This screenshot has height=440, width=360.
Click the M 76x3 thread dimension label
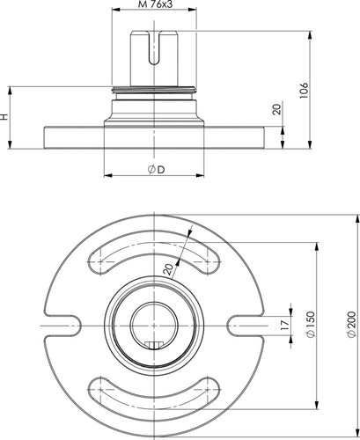pyautogui.click(x=155, y=4)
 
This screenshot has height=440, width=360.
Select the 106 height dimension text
pyautogui.click(x=305, y=91)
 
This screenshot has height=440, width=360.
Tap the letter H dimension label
pyautogui.click(x=4, y=117)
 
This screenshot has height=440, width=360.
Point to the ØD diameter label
pyautogui.click(x=156, y=170)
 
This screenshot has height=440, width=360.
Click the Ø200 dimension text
pyautogui.click(x=351, y=324)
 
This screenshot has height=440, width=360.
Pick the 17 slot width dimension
pyautogui.click(x=284, y=326)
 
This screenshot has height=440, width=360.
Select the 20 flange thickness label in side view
pyautogui.click(x=277, y=109)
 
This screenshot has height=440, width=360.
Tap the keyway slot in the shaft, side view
pyautogui.click(x=154, y=48)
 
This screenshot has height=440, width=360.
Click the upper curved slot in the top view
pyautogui.click(x=154, y=252)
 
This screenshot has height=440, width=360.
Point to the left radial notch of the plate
pyautogui.click(x=63, y=326)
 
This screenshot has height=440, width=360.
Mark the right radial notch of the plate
pyautogui.click(x=246, y=326)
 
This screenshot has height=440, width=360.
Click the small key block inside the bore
pyautogui.click(x=154, y=345)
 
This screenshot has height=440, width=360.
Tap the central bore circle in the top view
pyautogui.click(x=154, y=326)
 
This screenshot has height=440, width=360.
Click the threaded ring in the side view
pyautogui.click(x=154, y=90)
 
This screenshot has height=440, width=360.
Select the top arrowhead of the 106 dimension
pyautogui.click(x=310, y=34)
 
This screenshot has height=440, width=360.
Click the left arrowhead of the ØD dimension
pyautogui.click(x=108, y=175)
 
